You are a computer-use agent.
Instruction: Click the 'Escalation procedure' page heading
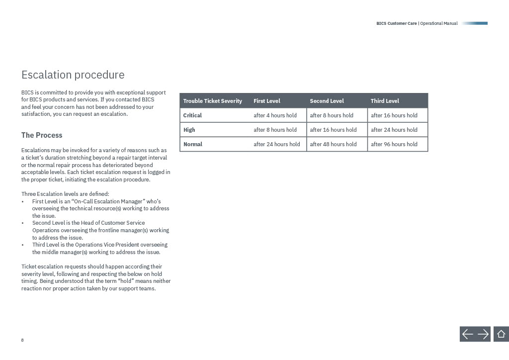click(73, 75)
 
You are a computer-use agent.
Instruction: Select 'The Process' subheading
click(42, 135)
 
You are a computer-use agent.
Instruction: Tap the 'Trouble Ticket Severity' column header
click(212, 101)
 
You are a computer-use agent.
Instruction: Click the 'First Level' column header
click(267, 101)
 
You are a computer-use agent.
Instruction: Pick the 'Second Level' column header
click(327, 101)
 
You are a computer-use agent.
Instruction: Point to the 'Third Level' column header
click(385, 101)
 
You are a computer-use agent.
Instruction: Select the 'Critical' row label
click(192, 115)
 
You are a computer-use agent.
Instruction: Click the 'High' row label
click(189, 130)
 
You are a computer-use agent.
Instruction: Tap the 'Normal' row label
click(192, 144)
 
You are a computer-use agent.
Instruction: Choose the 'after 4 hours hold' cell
click(275, 115)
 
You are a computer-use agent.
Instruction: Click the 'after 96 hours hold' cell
click(394, 144)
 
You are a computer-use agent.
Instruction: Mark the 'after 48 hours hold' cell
click(333, 144)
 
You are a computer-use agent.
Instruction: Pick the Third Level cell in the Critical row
click(394, 115)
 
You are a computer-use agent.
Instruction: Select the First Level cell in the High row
click(275, 130)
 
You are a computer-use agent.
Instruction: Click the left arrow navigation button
click(468, 334)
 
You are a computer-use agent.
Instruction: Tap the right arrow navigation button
click(483, 334)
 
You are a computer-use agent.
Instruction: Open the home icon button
click(501, 334)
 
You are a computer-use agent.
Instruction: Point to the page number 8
click(22, 340)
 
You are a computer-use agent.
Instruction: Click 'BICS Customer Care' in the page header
click(396, 23)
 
